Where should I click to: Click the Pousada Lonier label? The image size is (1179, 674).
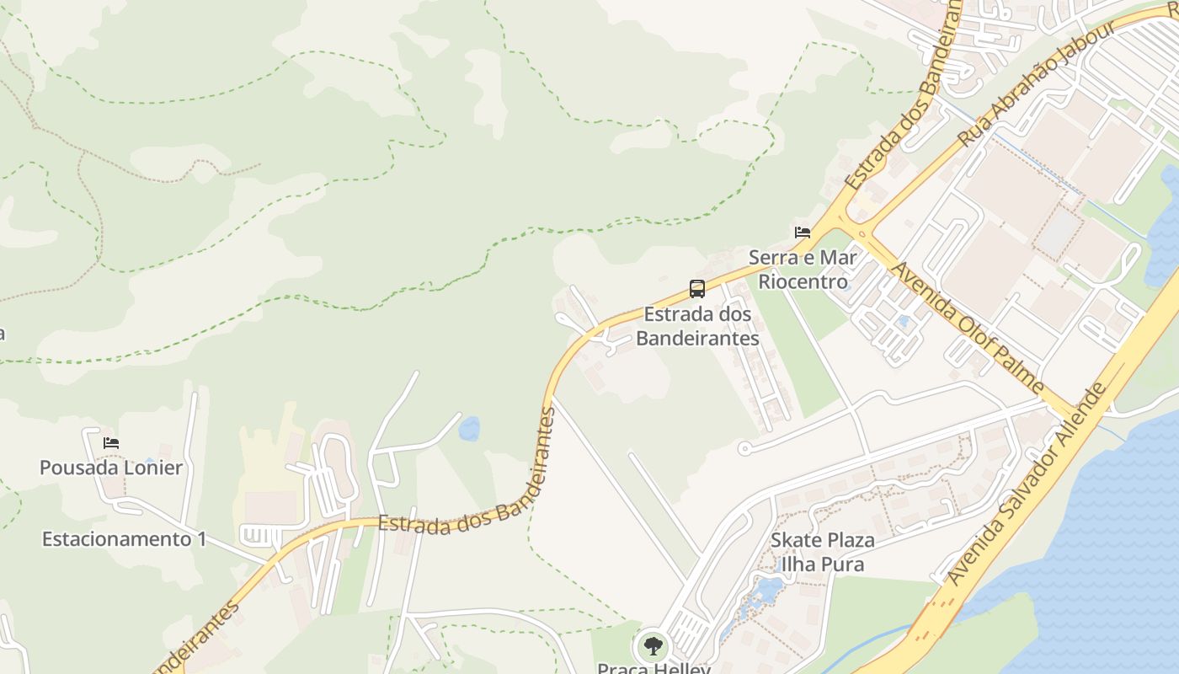click(x=111, y=468)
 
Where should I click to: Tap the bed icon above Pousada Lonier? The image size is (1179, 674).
click(x=111, y=443)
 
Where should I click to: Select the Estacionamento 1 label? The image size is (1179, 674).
click(x=124, y=539)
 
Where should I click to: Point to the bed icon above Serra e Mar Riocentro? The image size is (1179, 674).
click(x=803, y=233)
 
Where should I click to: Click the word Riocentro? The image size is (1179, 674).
click(x=803, y=281)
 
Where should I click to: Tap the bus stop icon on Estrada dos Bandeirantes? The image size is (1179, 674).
click(x=697, y=289)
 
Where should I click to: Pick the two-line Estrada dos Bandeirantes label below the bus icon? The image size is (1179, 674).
click(x=697, y=327)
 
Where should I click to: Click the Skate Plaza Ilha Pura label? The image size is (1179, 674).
click(x=823, y=552)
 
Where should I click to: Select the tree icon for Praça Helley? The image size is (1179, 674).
click(x=652, y=647)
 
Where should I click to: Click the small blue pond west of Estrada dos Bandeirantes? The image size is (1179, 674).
click(x=469, y=429)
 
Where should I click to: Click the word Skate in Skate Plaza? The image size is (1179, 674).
click(x=793, y=540)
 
